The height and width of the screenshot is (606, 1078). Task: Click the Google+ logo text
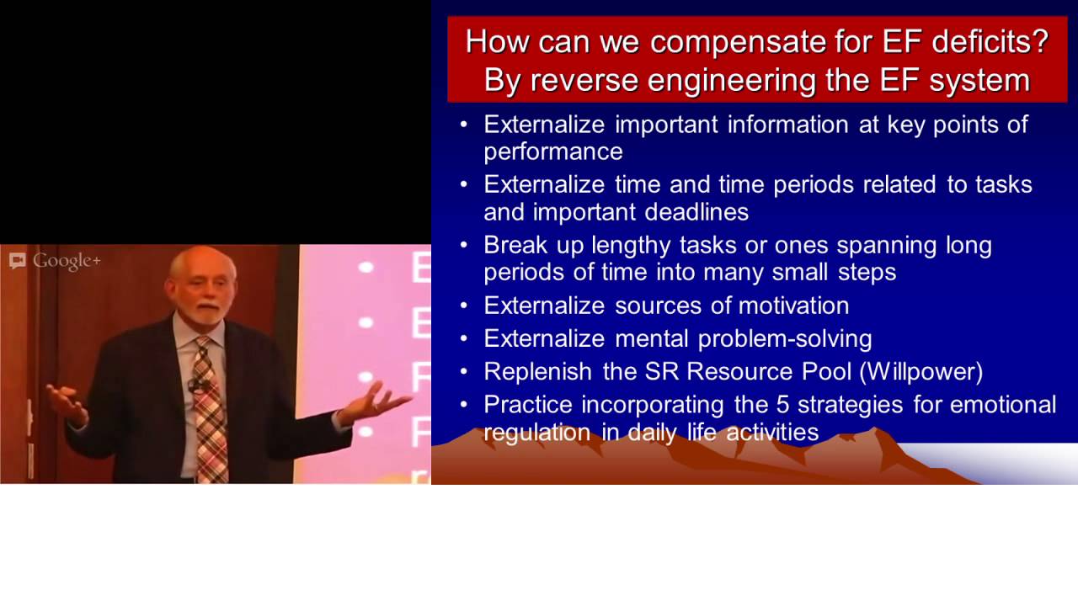(67, 261)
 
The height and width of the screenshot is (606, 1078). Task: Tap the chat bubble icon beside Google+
(17, 261)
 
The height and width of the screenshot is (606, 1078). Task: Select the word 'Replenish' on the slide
(540, 371)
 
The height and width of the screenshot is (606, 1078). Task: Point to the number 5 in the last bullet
(782, 404)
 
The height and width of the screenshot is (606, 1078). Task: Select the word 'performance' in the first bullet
(553, 151)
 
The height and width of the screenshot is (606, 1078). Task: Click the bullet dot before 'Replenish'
(464, 371)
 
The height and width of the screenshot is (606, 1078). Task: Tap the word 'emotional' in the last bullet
(1003, 404)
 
